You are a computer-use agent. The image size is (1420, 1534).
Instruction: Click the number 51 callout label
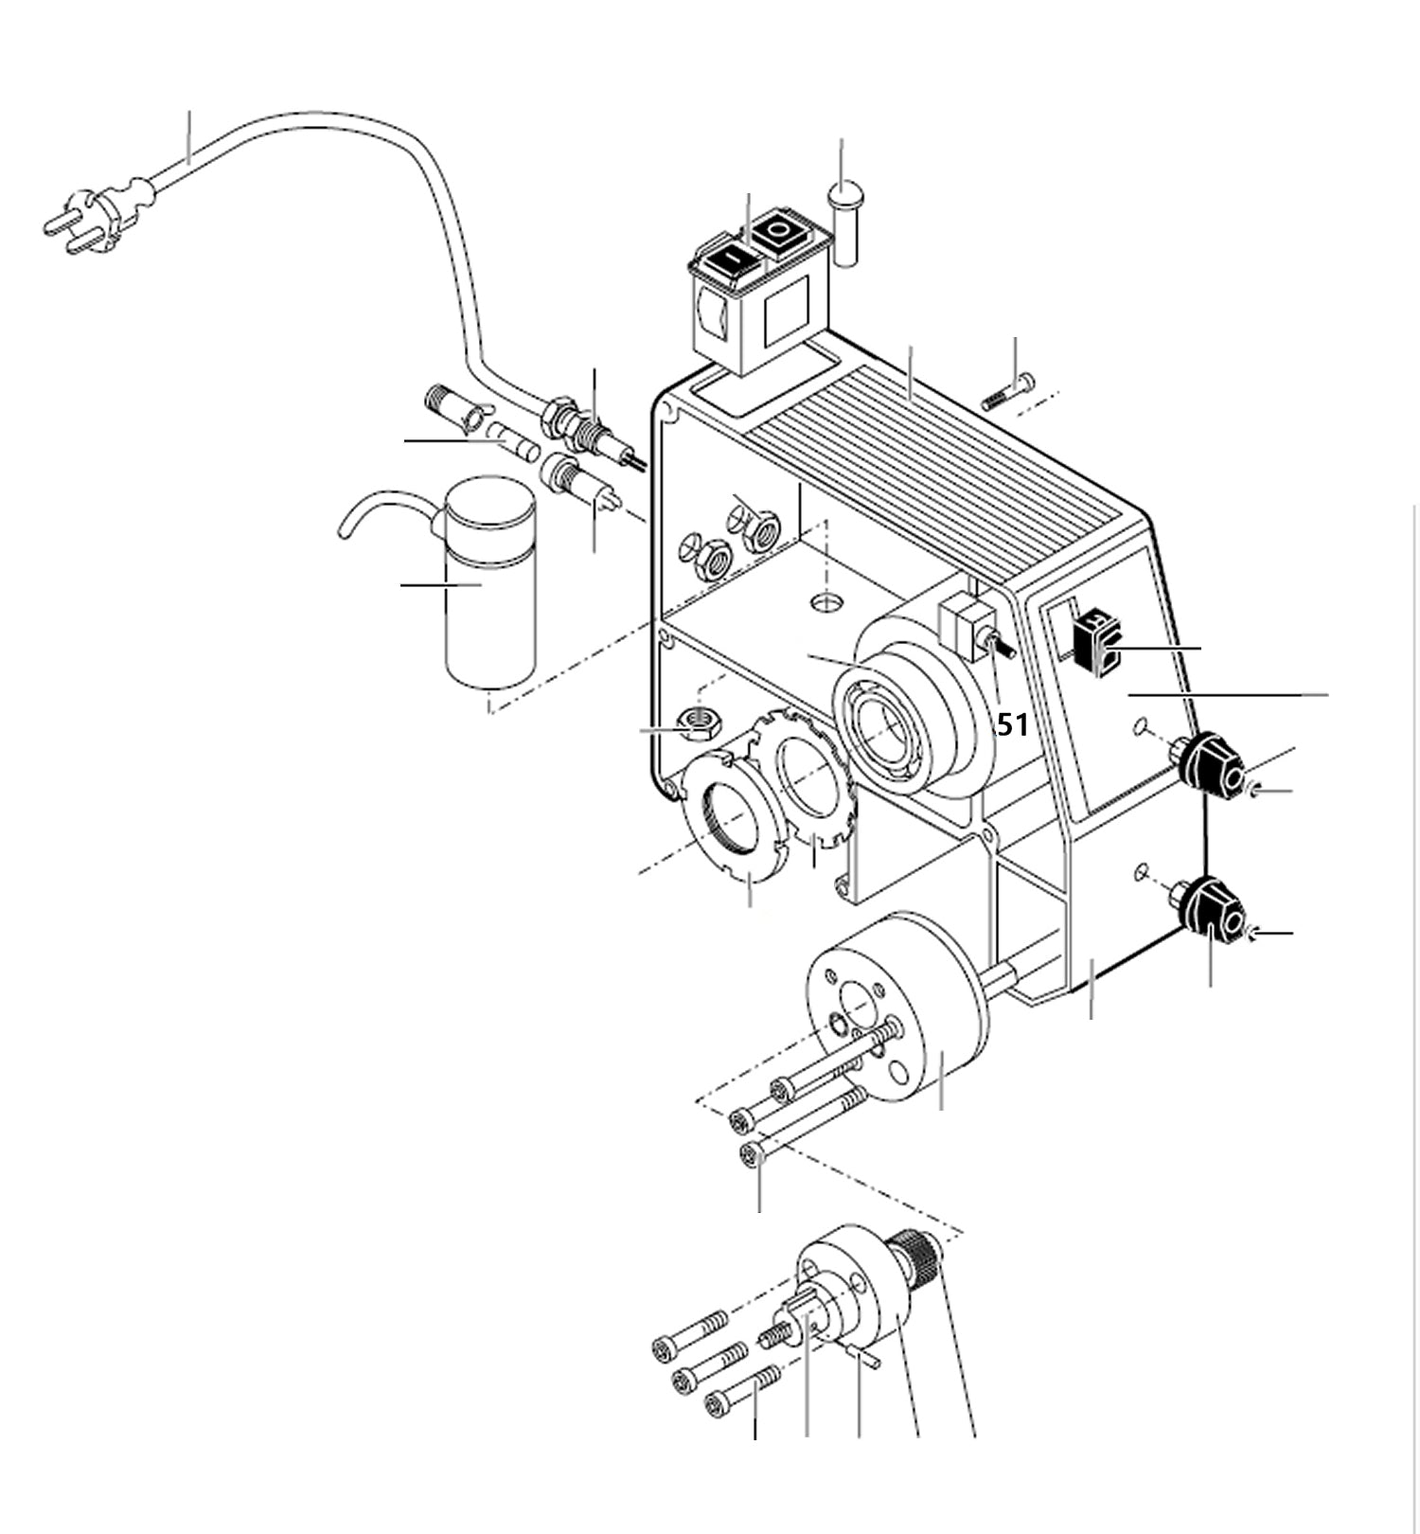(1012, 725)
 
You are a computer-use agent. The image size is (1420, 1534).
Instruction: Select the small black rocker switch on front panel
(1095, 644)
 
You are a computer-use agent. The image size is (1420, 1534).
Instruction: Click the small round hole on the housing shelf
(830, 602)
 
